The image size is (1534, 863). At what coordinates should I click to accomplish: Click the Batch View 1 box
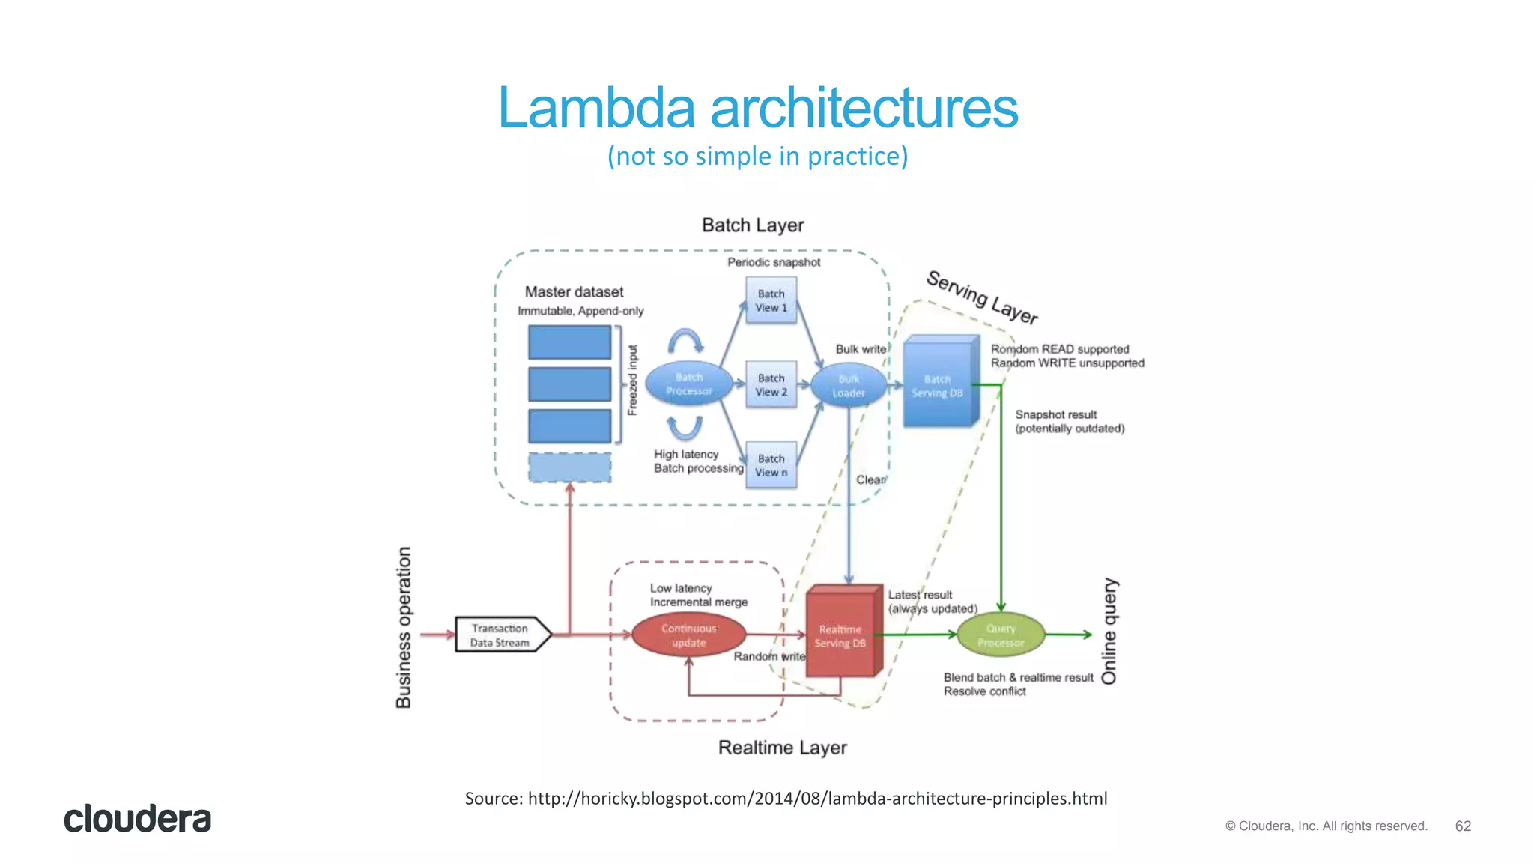(x=771, y=300)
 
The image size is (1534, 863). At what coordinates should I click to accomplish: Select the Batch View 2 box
(x=771, y=384)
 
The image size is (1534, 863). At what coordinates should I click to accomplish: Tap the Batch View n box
(x=771, y=465)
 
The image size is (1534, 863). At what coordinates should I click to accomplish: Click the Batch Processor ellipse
(x=688, y=384)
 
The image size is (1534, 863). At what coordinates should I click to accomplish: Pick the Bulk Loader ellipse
(x=848, y=386)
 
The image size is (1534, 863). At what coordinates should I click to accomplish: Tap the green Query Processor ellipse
(x=1001, y=635)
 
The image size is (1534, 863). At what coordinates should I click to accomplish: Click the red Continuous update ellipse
(x=688, y=635)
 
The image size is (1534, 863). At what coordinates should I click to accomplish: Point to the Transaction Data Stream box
(x=501, y=635)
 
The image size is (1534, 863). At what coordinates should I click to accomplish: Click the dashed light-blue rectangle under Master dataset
(x=569, y=467)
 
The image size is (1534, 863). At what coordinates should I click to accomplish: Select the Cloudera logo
(x=137, y=819)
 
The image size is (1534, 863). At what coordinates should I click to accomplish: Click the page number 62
(x=1463, y=826)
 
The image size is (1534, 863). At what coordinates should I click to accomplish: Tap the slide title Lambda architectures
(x=758, y=108)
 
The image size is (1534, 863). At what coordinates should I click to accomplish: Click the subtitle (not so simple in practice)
(x=757, y=156)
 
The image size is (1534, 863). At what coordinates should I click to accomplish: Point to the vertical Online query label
(x=1109, y=631)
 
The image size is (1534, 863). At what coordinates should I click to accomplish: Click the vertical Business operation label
(x=404, y=628)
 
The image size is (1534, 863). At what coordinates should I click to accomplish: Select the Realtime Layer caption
(x=782, y=748)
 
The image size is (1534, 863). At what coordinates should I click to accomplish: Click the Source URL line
(x=786, y=799)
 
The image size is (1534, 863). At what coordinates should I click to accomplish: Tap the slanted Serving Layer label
(x=982, y=297)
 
